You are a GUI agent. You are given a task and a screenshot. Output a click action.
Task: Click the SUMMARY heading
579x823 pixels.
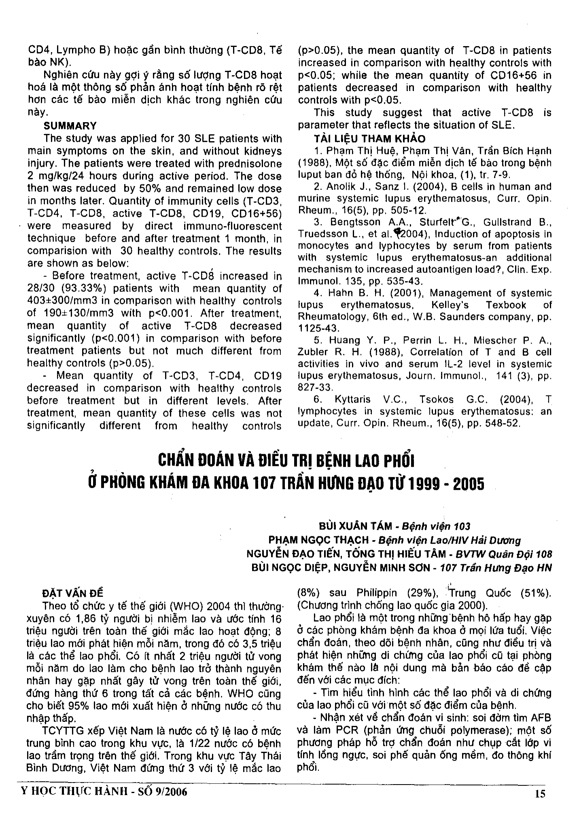pyautogui.click(x=70, y=126)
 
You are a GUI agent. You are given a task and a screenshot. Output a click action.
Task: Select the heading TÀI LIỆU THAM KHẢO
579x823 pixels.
pyautogui.click(x=369, y=139)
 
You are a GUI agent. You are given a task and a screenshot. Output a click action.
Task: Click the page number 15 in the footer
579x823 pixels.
pyautogui.click(x=540, y=793)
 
